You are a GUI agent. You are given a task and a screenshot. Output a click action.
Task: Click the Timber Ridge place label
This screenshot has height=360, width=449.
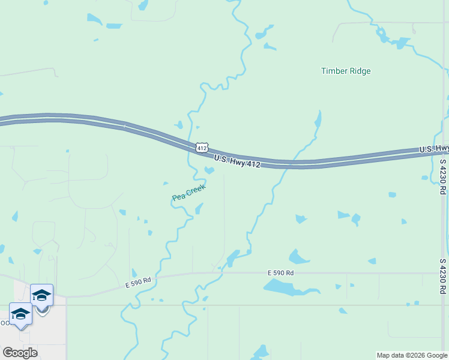point(346,71)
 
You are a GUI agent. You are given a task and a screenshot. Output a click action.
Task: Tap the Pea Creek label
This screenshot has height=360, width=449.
point(188,193)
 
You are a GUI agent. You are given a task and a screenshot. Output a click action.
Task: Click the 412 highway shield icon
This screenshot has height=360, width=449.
point(202,147)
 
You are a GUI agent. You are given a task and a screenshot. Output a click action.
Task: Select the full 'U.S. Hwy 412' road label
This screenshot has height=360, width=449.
point(237,160)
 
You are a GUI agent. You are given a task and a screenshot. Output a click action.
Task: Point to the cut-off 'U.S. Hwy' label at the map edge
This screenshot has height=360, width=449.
point(433,148)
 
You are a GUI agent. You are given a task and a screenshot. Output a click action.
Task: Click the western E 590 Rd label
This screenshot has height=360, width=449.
point(138,280)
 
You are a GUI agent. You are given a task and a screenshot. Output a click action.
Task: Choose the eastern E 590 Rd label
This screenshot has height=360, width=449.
point(280,273)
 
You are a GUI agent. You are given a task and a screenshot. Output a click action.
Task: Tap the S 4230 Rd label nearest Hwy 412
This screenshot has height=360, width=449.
point(443,176)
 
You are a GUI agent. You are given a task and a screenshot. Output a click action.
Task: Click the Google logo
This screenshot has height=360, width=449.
point(20,353)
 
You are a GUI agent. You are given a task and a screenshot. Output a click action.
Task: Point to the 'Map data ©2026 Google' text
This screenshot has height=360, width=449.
point(411,355)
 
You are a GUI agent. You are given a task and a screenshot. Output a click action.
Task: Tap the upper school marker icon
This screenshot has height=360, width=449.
point(41,295)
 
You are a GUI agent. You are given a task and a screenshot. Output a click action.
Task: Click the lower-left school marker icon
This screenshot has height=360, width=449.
point(20,314)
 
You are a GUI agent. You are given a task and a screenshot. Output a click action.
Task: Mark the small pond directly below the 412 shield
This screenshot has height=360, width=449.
point(209,170)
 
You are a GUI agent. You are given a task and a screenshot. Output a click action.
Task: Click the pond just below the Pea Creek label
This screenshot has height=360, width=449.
point(199,209)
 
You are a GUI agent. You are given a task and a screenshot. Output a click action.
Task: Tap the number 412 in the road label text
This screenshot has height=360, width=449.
point(253,163)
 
